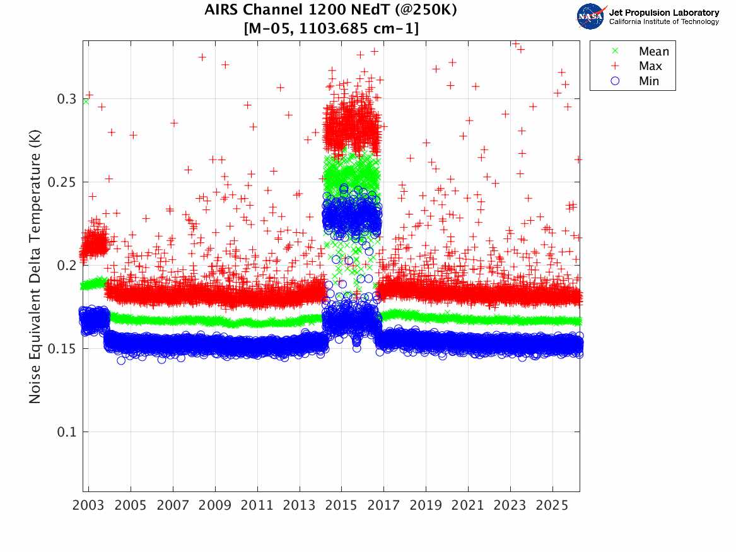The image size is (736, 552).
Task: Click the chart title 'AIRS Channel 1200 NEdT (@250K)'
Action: point(330,11)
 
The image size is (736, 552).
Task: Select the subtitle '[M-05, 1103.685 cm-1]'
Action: point(330,28)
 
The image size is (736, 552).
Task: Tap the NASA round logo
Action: point(591,16)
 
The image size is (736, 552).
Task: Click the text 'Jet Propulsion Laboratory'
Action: point(663,12)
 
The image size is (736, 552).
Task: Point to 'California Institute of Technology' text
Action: point(663,22)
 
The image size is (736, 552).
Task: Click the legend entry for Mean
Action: point(653,52)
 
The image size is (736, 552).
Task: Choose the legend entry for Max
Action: point(650,66)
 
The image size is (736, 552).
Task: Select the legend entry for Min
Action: point(649,81)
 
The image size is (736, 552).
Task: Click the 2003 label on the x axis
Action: point(89,506)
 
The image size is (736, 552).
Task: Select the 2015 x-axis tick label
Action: point(342,506)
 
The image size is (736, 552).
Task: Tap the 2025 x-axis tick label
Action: point(552,506)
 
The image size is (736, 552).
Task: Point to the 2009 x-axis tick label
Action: point(215,506)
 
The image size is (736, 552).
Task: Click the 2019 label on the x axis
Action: point(426,506)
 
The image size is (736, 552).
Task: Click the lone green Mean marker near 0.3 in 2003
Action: point(86,102)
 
